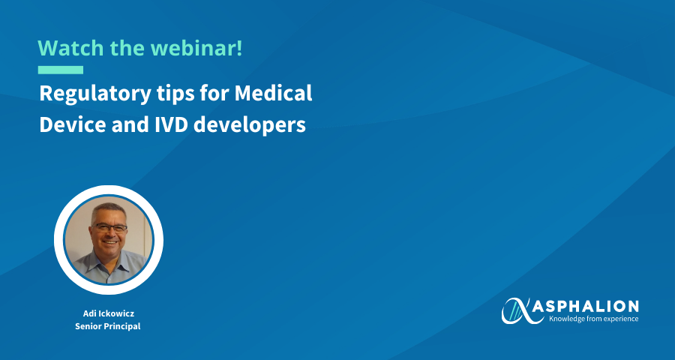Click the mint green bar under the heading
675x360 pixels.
click(61, 70)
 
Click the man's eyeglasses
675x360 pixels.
click(109, 228)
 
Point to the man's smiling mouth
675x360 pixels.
click(110, 242)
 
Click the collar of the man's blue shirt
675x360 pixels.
click(109, 260)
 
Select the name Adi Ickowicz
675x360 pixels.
click(109, 313)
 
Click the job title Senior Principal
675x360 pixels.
click(108, 326)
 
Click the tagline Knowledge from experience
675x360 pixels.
click(594, 319)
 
